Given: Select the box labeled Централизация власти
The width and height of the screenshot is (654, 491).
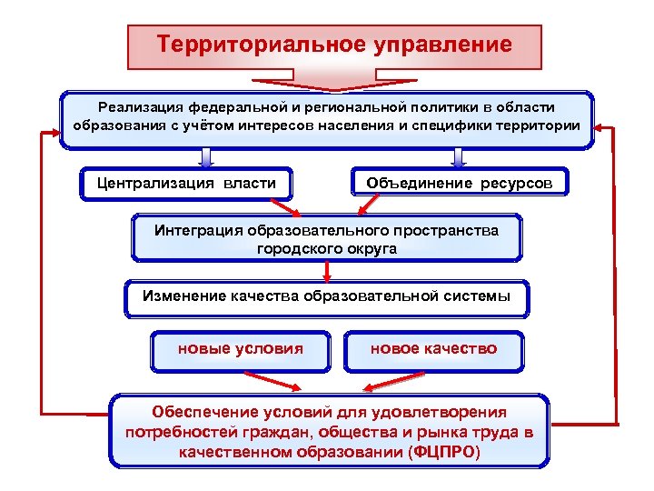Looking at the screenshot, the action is tap(186, 183).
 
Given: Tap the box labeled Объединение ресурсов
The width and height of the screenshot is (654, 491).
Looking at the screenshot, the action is tap(459, 183).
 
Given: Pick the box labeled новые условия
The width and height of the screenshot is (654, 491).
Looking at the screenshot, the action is tap(240, 348).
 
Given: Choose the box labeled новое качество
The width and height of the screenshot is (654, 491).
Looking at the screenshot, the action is tap(433, 348).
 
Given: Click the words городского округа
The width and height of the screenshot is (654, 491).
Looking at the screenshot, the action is tap(327, 248).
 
